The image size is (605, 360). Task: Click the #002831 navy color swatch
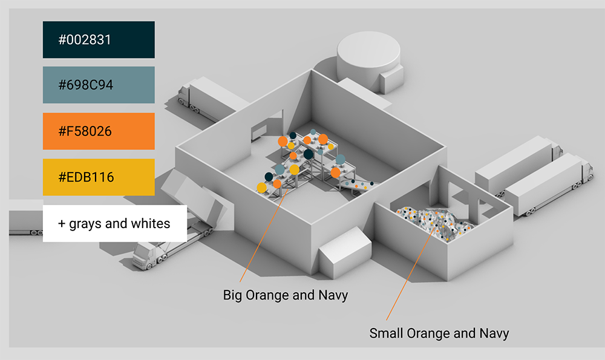(99, 39)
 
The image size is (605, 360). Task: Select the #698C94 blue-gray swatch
(99, 85)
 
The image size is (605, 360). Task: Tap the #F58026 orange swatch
(99, 131)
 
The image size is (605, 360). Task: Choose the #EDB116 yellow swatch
(99, 177)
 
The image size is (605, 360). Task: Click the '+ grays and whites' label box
(114, 223)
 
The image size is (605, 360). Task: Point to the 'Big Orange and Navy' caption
(286, 295)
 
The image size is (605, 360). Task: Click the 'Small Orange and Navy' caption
(439, 333)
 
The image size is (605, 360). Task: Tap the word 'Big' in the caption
(233, 295)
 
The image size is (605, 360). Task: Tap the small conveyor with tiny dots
(357, 185)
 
